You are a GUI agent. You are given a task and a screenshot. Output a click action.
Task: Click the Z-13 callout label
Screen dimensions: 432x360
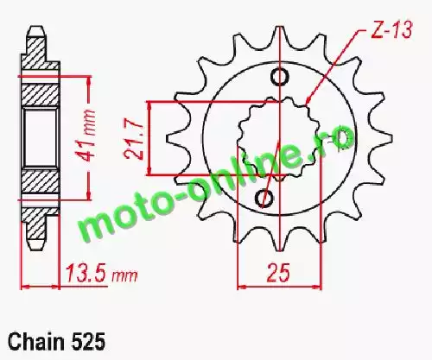[x=392, y=29]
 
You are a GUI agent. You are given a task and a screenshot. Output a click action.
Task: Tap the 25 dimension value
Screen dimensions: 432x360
[x=277, y=273]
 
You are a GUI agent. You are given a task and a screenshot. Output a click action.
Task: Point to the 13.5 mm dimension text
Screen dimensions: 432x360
[x=102, y=273]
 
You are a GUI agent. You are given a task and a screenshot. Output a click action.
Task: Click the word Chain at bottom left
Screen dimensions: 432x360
[x=36, y=342]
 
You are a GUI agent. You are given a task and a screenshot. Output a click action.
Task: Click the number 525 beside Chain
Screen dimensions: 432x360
[x=88, y=342]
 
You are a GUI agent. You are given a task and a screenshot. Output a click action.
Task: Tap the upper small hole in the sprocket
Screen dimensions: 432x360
[x=279, y=77]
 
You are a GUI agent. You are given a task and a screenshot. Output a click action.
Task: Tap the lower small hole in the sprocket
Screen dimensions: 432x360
[x=264, y=198]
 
